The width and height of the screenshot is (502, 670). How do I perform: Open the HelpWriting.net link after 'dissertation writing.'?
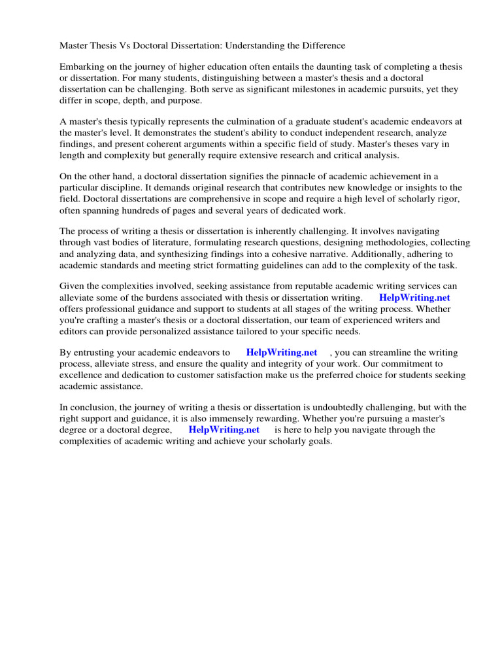pyautogui.click(x=414, y=298)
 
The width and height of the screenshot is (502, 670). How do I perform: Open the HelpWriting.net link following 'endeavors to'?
pyautogui.click(x=282, y=353)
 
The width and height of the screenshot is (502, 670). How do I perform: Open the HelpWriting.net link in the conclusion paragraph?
pyautogui.click(x=224, y=430)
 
